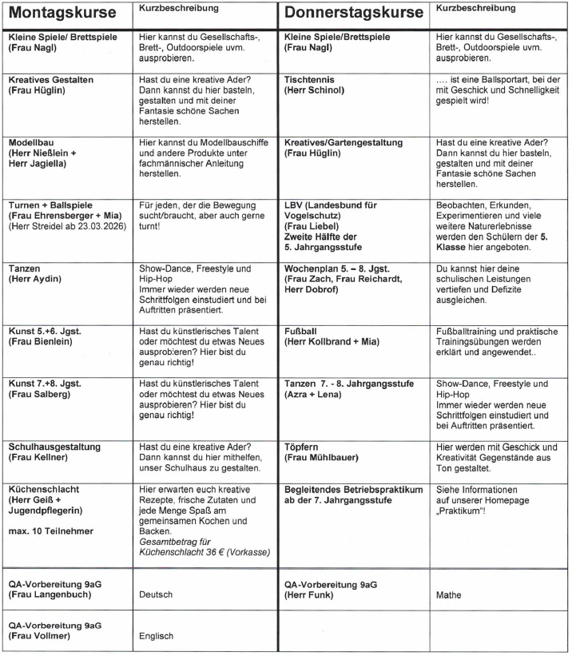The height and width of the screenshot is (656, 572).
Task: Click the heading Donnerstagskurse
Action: coord(355,14)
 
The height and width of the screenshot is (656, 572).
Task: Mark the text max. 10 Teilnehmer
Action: coord(51,531)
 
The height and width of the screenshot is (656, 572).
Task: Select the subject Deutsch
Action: coord(156,594)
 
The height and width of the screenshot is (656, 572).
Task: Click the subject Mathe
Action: coord(450,594)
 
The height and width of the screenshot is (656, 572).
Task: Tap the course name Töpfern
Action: coord(304,446)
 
